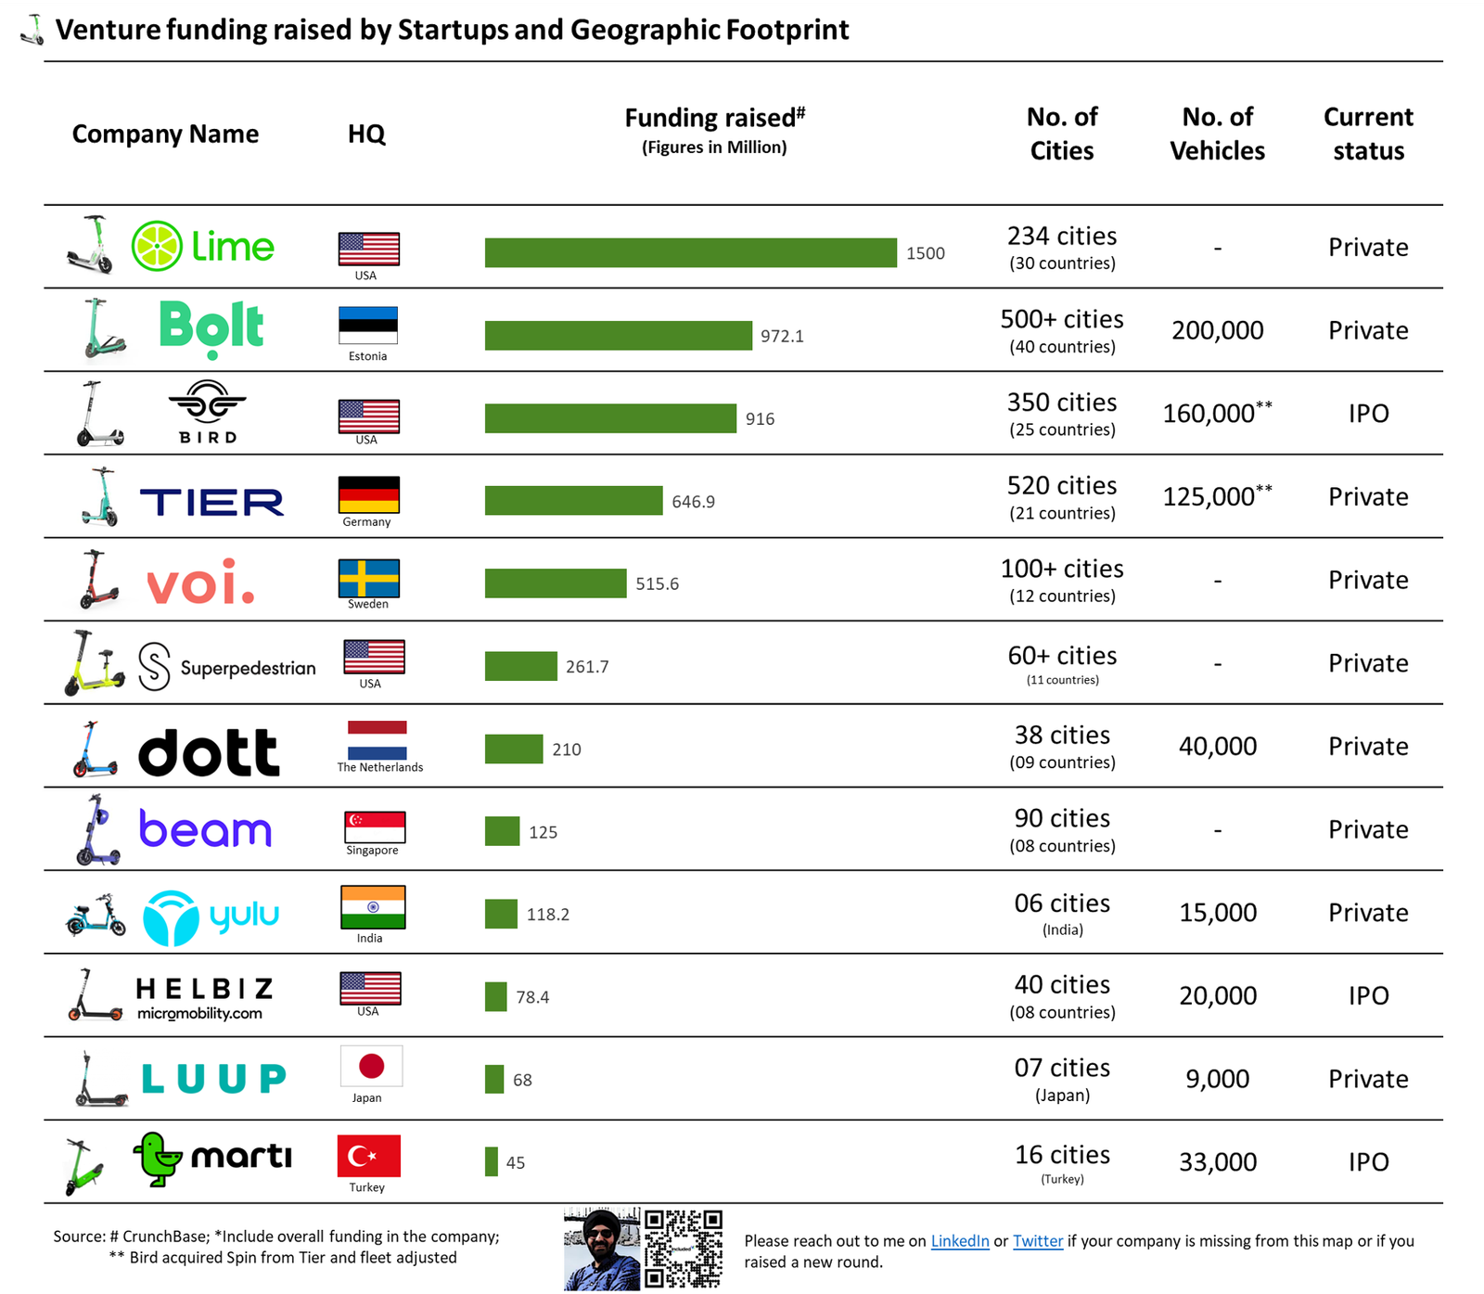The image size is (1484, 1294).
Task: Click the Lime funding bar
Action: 690,253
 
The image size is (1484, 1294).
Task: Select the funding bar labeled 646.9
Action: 573,501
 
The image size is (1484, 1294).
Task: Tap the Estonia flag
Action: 368,326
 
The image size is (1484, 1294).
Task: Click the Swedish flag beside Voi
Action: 368,578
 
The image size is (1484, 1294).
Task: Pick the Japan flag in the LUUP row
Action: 371,1067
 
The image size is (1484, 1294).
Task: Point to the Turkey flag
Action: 368,1156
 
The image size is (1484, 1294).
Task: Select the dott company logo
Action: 209,752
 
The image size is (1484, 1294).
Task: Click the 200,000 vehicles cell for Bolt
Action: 1217,330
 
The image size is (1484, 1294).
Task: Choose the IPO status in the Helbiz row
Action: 1368,996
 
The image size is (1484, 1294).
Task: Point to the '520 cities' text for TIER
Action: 1062,486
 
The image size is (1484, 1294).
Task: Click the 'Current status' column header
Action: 1368,134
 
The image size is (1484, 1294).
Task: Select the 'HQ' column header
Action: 366,135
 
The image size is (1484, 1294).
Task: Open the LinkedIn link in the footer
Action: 960,1241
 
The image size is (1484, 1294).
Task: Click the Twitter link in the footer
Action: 1038,1241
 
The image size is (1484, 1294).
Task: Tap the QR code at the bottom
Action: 683,1249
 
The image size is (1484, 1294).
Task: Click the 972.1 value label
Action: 782,336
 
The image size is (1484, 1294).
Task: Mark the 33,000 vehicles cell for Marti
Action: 1217,1162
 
